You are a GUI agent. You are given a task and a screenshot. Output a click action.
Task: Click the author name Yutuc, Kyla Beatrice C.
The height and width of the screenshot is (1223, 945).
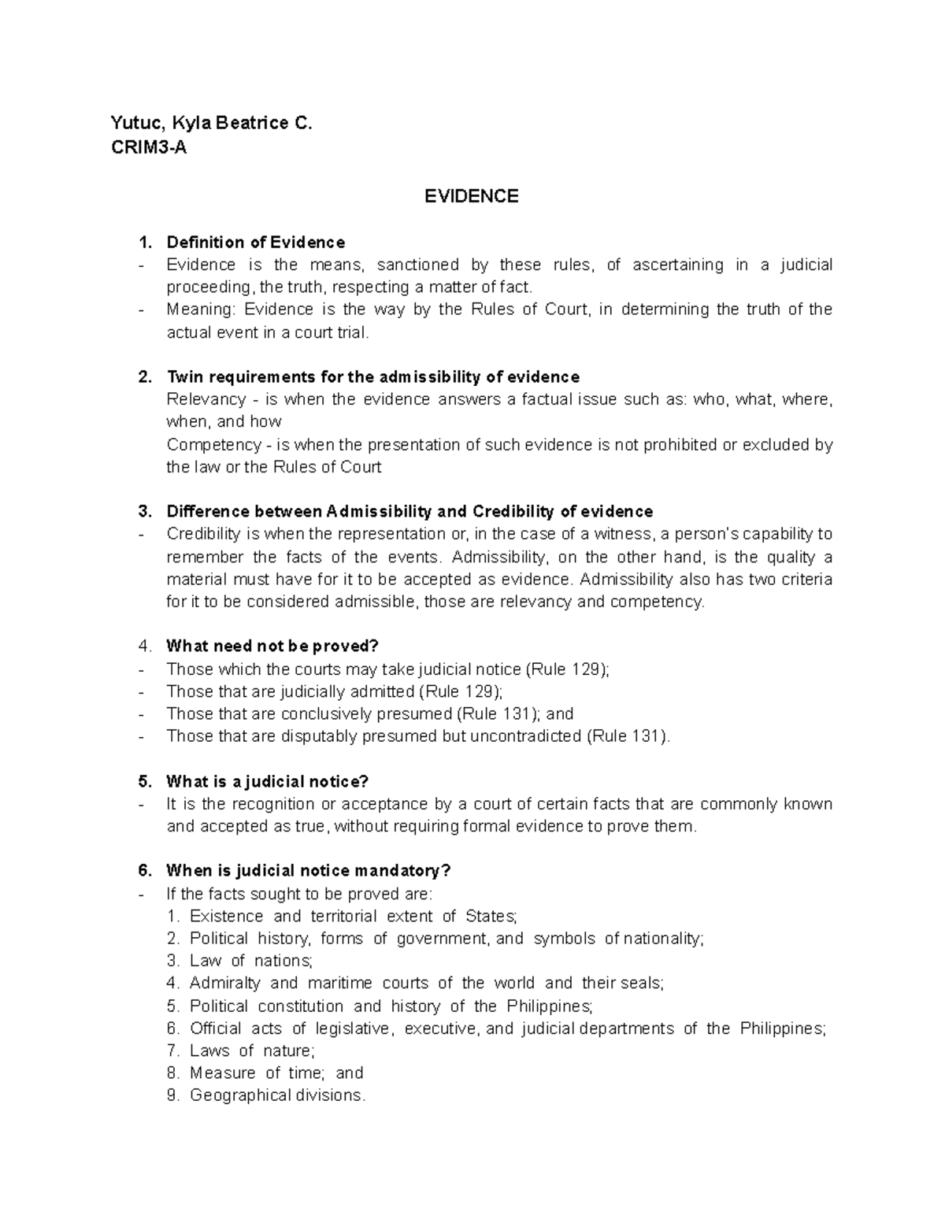click(212, 123)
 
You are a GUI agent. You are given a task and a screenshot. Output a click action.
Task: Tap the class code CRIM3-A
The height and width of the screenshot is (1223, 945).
click(149, 146)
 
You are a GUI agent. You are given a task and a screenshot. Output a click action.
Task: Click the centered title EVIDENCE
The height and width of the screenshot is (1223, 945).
click(471, 196)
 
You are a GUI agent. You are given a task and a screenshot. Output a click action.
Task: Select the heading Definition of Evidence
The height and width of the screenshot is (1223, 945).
click(255, 242)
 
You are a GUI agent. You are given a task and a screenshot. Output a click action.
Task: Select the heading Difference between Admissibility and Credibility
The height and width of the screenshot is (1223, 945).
click(409, 512)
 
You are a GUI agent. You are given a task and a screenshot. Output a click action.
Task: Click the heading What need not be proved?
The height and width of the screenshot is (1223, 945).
click(272, 647)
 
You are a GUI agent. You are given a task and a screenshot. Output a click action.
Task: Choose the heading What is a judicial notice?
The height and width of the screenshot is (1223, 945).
click(267, 782)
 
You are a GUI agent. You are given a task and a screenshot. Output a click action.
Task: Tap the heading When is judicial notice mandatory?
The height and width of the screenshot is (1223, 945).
click(309, 871)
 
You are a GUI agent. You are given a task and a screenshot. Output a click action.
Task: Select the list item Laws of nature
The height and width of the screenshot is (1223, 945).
click(251, 1051)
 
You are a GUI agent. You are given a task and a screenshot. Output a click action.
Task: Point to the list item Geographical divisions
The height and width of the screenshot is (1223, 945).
click(277, 1095)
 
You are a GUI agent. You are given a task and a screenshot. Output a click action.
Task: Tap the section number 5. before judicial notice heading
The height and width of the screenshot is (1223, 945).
click(144, 782)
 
